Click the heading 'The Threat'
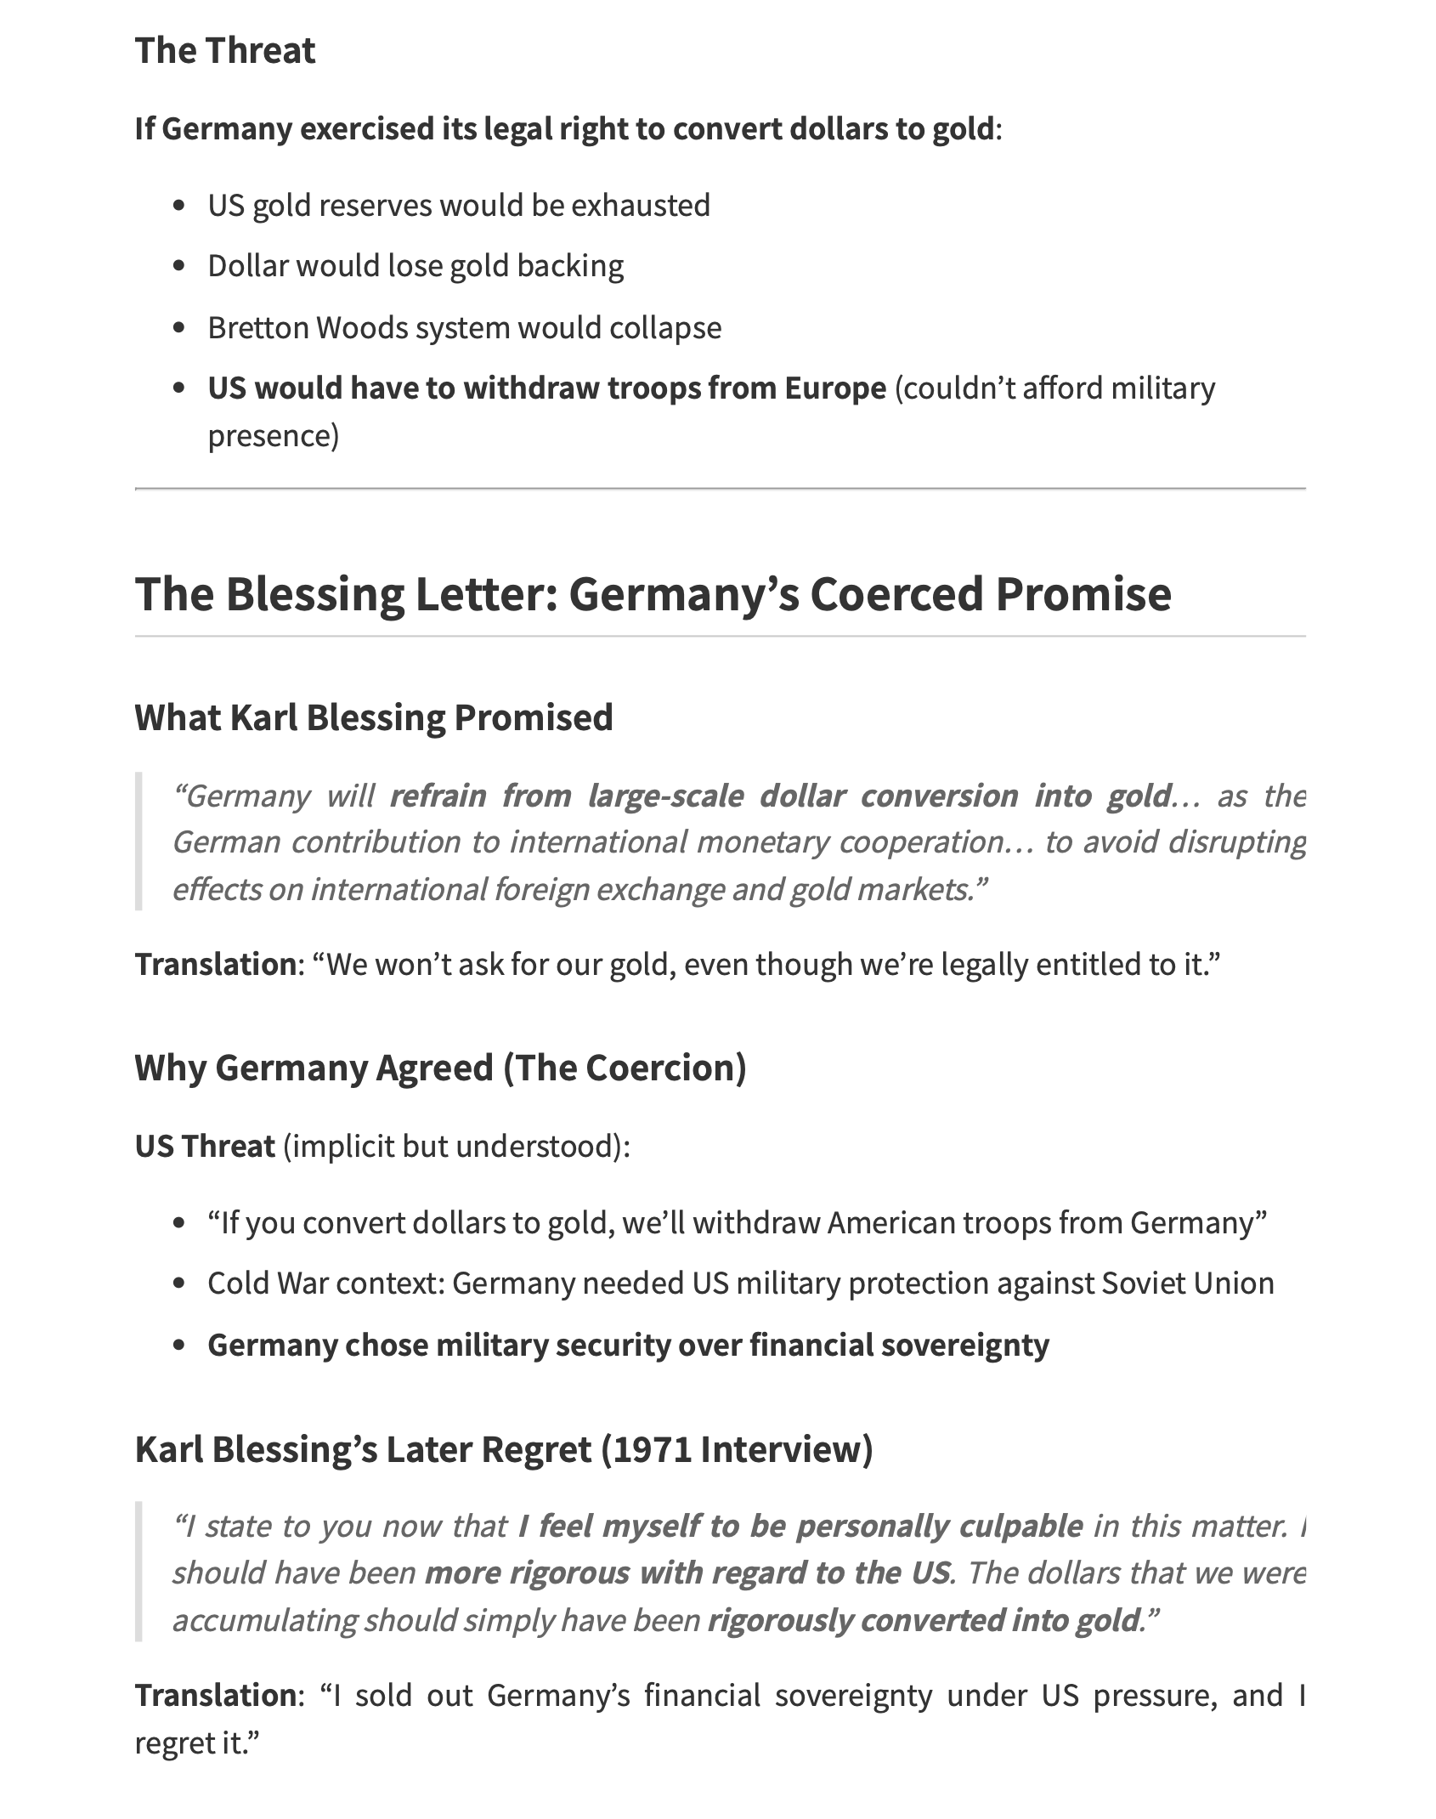click(225, 51)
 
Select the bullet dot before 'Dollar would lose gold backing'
click(178, 267)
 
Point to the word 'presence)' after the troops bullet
click(274, 436)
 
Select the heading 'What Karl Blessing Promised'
click(374, 717)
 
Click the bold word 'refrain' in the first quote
click(438, 796)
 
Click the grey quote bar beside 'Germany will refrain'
click(139, 841)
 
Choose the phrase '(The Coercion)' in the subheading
click(625, 1068)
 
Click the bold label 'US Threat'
click(205, 1147)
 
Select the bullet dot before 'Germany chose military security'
click(178, 1346)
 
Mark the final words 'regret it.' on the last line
click(196, 1743)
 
